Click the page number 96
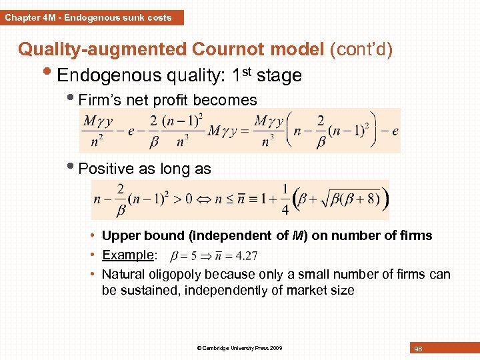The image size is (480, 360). (x=418, y=349)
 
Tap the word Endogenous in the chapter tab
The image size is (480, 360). (x=92, y=18)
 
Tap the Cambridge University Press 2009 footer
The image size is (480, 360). (x=241, y=348)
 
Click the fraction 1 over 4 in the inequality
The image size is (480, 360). (x=285, y=199)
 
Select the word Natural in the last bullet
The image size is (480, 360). (x=124, y=274)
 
